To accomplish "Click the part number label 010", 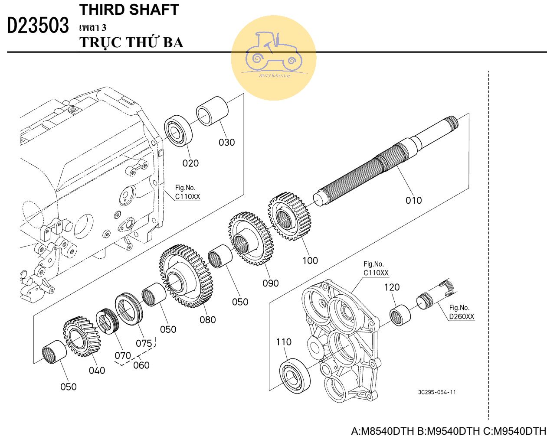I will pos(413,200).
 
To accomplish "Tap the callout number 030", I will pos(226,142).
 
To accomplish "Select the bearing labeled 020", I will pos(178,130).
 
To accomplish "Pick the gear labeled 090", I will pos(250,238).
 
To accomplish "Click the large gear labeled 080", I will pos(186,276).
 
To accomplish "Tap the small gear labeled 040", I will pos(82,336).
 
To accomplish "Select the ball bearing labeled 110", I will pos(295,376).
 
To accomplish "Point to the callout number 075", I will pos(144,343).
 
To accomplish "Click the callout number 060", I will pos(141,365).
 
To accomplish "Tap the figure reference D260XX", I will pos(462,316).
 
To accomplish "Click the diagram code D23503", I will pos(38,26).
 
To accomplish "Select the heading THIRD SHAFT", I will pos(129,10).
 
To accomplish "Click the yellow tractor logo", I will pos(273,58).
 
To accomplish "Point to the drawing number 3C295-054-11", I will pos(437,392).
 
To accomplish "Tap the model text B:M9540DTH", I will pos(448,431).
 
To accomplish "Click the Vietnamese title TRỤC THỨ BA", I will pos(131,42).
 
